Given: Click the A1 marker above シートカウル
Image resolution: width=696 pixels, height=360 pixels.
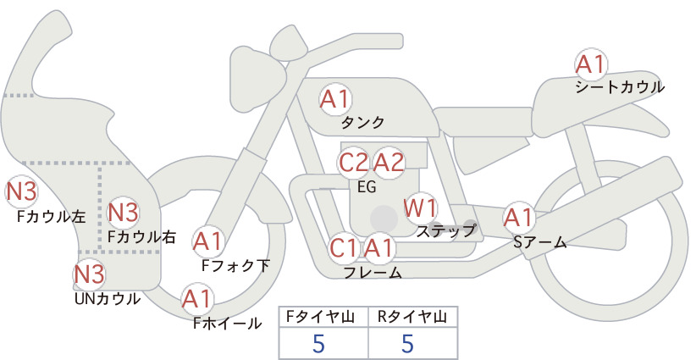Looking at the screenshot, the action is coord(591,65).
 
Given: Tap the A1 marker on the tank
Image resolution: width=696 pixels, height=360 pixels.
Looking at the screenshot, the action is coord(335,99).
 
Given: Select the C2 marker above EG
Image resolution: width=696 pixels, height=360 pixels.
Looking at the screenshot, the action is coord(354,163).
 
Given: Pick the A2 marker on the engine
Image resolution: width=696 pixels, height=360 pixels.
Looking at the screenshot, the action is coord(389,163).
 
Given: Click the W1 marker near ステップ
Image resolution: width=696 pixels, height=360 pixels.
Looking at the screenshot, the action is coord(420,208).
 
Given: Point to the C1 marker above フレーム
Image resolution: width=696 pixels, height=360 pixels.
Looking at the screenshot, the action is coord(344,248).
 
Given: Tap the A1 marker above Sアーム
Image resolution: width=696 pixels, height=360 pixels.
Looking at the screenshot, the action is coord(518,218).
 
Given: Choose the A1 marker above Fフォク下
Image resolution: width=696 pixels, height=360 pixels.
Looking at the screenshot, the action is coord(207,242).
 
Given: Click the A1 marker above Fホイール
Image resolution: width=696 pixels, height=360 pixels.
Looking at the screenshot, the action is coord(197,299).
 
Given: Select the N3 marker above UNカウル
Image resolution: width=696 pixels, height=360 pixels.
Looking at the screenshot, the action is coord(89,274).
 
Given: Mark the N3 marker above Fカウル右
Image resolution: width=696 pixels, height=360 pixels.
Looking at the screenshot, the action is coord(124,213).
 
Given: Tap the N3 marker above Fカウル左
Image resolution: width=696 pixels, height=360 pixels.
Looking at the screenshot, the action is coord(21,191).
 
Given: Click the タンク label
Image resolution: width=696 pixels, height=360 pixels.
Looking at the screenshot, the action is coord(362,123).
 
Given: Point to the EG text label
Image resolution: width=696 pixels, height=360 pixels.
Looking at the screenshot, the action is coord(367,187).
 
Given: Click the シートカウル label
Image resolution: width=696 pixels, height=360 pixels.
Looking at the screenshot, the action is coord(620,87).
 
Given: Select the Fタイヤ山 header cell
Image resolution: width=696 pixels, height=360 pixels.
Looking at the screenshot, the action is coord(323,317).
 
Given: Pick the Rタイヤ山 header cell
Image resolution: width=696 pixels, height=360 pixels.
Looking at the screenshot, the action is coord(413,317).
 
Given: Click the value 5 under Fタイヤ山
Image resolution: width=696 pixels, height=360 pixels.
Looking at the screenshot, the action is coord(318,343).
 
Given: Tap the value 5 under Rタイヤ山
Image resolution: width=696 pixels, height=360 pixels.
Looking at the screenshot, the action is coord(407,343).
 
